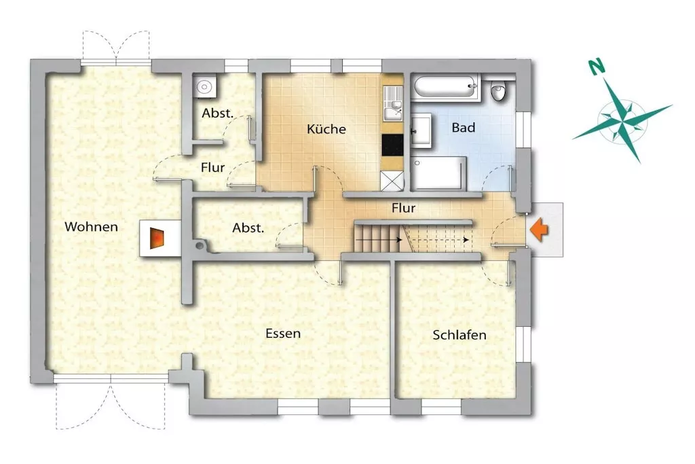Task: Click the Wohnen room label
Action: (x=92, y=227)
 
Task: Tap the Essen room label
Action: (x=283, y=333)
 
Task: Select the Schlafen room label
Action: (x=459, y=334)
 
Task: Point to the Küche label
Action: (x=326, y=128)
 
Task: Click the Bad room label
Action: (x=463, y=128)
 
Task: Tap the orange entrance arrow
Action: (x=539, y=230)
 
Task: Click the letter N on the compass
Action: (x=597, y=67)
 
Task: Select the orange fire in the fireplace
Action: (x=157, y=238)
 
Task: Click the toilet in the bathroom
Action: (x=499, y=91)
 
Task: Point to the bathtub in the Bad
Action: (x=445, y=88)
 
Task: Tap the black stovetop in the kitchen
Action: (x=392, y=145)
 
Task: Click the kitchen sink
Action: (x=393, y=104)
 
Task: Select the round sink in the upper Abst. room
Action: (x=204, y=86)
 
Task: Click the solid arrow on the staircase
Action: (x=379, y=240)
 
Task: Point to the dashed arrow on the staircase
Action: (x=438, y=240)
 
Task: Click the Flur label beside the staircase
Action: (x=403, y=208)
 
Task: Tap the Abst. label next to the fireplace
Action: (x=248, y=228)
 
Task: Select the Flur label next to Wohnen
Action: (x=212, y=168)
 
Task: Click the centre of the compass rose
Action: (x=622, y=120)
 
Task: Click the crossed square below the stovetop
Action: (x=392, y=181)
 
